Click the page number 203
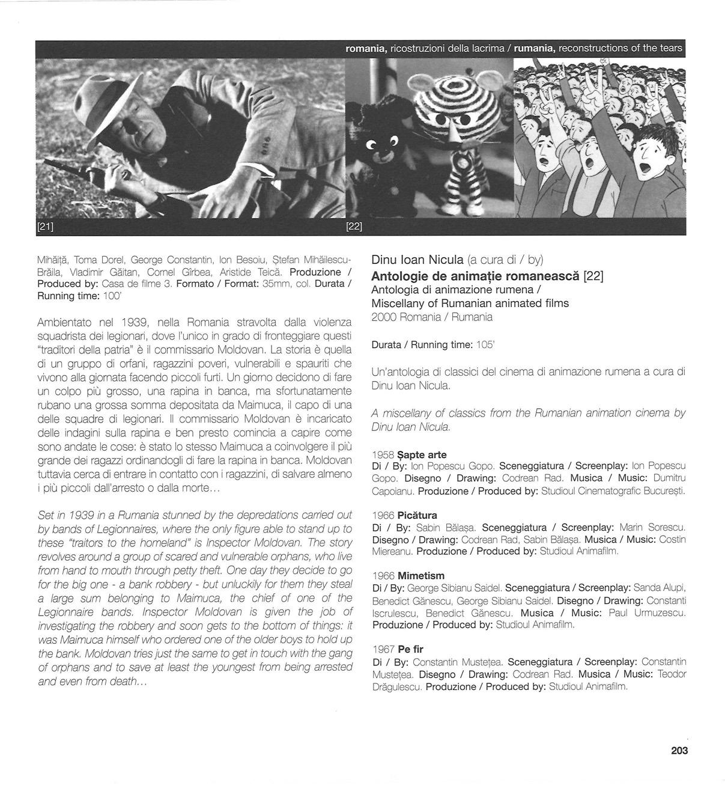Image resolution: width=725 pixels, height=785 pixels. point(679,750)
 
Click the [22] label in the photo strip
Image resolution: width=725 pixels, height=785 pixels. point(354,227)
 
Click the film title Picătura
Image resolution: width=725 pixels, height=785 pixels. point(417,515)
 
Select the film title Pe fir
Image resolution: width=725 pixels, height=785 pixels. point(410,649)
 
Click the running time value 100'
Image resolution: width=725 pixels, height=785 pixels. point(112,296)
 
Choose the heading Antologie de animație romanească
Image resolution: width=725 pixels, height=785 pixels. point(476,276)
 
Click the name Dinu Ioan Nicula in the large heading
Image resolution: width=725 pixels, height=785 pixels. point(417,260)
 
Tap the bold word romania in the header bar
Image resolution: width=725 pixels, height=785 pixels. point(366,49)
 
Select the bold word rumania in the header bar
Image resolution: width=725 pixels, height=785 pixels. point(535,49)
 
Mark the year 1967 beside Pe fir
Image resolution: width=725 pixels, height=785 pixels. point(383,649)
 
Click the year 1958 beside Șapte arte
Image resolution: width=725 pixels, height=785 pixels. point(383,455)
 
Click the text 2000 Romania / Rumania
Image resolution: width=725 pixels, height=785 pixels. point(432,317)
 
